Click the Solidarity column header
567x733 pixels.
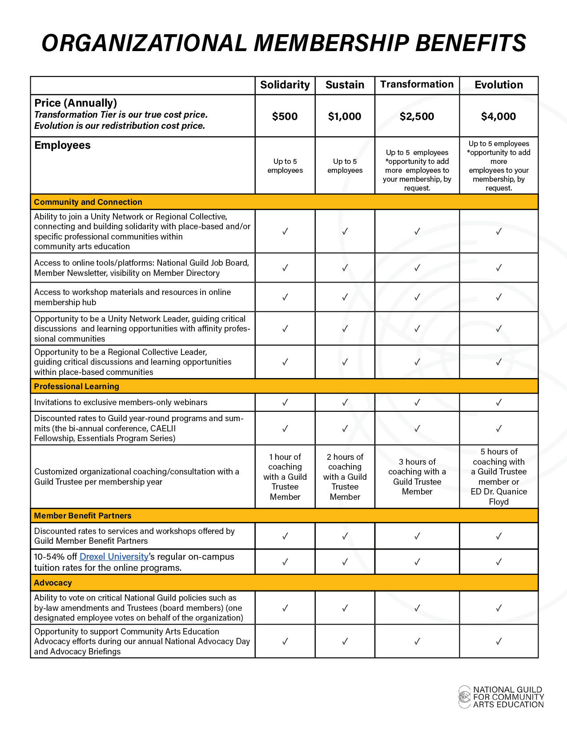[x=285, y=85]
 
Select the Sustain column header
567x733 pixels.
[x=345, y=85]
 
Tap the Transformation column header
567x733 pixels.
[x=417, y=84]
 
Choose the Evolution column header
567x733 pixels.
[x=499, y=85]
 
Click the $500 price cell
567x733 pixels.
[x=285, y=116]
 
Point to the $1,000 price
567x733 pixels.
[x=345, y=116]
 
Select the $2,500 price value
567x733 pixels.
[x=417, y=116]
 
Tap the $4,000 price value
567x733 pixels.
[x=499, y=116]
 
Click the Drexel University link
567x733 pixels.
[x=114, y=557]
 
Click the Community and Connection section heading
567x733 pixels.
[x=88, y=202]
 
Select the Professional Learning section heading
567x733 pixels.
[x=76, y=386]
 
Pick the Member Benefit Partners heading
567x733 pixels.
[x=83, y=516]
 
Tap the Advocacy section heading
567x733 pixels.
[x=53, y=583]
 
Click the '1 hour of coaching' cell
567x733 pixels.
[x=285, y=477]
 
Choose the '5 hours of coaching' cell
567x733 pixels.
[x=499, y=477]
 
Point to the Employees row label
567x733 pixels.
[x=62, y=145]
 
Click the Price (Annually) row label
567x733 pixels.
[x=76, y=103]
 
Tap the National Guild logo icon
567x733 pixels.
[x=465, y=697]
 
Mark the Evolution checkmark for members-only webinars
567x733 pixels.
[x=499, y=402]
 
